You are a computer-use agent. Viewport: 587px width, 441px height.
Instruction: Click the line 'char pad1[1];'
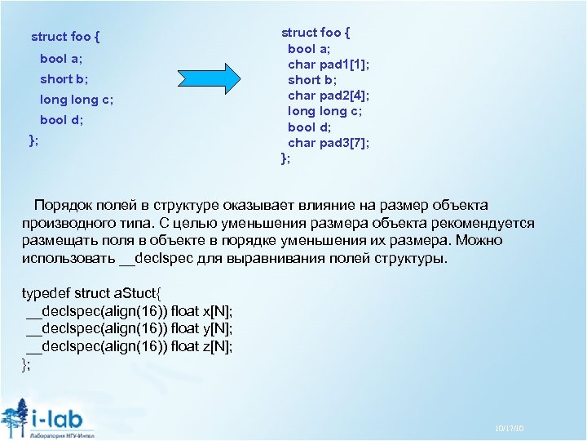coord(329,65)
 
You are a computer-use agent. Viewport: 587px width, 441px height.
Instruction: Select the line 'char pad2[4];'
coord(329,96)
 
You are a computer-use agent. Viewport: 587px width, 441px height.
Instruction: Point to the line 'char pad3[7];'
coord(329,142)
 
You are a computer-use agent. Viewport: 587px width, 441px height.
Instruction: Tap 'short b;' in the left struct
coord(64,79)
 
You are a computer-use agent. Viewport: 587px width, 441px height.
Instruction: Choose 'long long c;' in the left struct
coord(77,100)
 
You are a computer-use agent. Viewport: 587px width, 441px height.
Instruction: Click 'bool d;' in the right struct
coord(310,127)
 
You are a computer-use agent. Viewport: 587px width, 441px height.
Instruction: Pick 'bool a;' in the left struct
coord(61,59)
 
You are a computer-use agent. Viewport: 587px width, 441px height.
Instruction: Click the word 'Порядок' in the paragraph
coord(63,205)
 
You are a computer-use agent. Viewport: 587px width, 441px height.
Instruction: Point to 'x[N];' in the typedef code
coord(216,311)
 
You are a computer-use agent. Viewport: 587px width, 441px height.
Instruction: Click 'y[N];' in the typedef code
coord(216,328)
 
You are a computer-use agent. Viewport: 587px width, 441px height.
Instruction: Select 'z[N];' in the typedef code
coord(216,346)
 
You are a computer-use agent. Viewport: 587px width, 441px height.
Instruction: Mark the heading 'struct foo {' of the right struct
coord(316,33)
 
